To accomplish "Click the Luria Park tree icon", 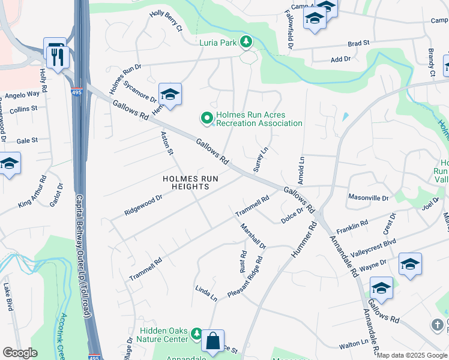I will [246, 41].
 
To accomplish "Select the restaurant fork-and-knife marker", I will [58, 58].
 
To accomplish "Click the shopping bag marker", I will [212, 341].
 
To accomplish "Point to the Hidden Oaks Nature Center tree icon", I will [196, 332].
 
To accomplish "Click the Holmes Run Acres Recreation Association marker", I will [207, 118].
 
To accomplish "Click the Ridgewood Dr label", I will [143, 205].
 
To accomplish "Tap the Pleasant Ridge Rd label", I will [246, 278].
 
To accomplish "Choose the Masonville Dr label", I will [369, 197].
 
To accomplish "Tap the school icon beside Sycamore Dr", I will [170, 95].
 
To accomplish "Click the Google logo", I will [20, 353].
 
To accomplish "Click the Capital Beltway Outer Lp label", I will [87, 252].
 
